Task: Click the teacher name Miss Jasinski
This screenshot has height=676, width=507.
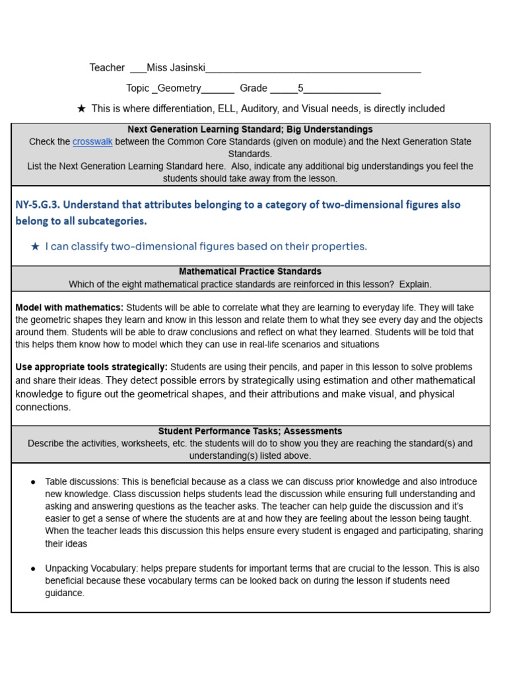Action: [176, 68]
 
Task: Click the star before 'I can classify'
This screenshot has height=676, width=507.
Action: [36, 247]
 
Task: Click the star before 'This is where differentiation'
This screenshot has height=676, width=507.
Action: [81, 109]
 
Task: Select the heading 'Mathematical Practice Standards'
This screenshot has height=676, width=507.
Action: [250, 272]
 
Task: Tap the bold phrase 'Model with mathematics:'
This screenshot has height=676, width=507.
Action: [69, 308]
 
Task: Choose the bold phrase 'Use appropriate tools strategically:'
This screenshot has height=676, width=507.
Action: [91, 367]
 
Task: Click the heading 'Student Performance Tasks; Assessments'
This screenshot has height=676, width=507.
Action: [250, 432]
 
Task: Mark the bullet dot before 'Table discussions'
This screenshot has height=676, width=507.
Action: [33, 483]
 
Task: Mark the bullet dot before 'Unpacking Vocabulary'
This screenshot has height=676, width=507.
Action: [33, 569]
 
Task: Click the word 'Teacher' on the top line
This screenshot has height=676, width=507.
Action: [107, 68]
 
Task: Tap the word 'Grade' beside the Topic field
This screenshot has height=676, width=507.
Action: [253, 88]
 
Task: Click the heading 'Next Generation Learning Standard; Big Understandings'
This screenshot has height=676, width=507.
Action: [250, 130]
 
